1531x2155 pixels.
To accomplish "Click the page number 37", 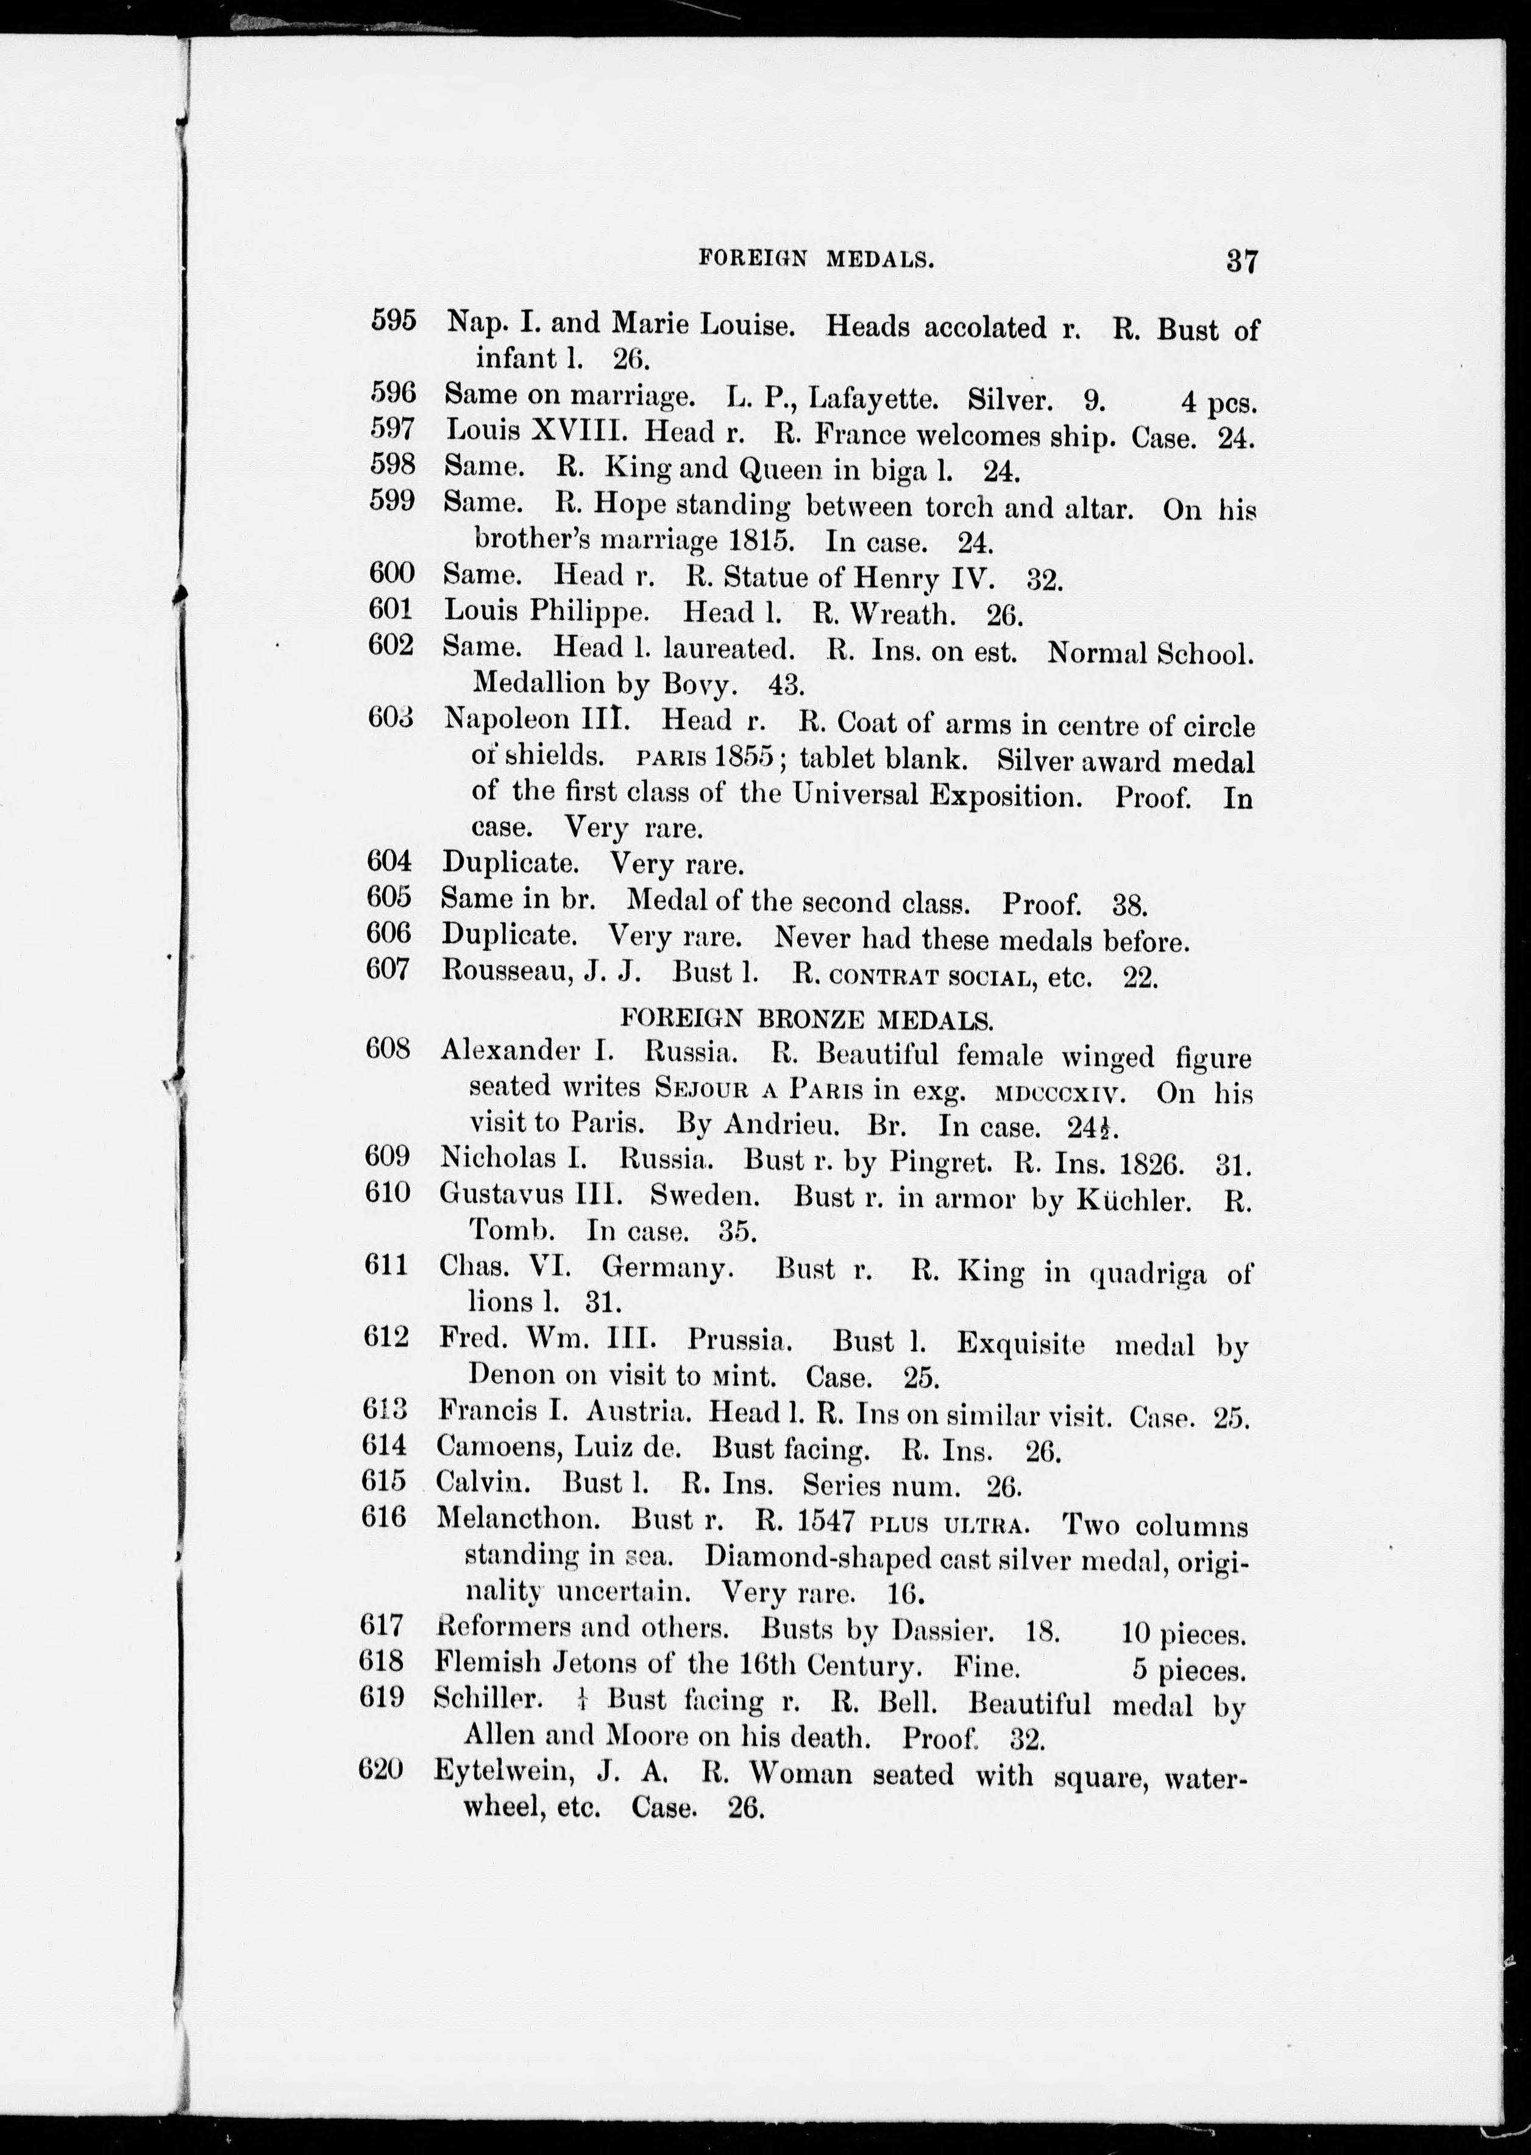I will coord(1241,260).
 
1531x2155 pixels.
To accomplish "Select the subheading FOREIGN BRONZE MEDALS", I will coord(806,1018).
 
